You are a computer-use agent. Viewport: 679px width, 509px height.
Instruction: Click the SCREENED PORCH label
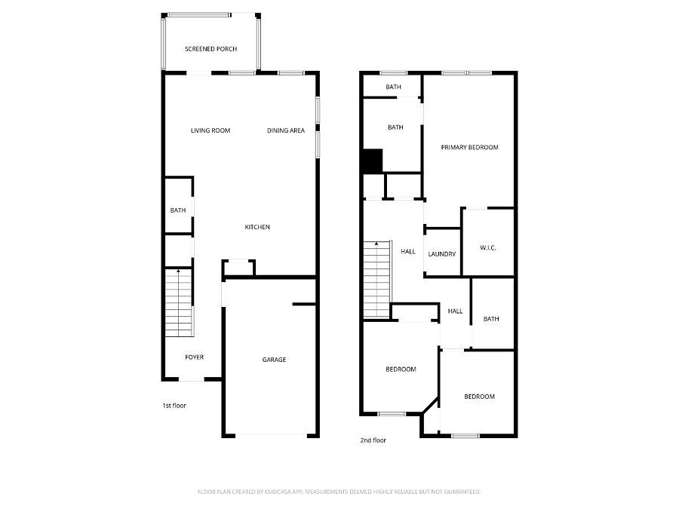tap(211, 49)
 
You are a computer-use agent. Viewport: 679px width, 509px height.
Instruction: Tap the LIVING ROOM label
tap(210, 130)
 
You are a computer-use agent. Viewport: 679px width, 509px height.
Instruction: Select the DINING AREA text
tap(286, 130)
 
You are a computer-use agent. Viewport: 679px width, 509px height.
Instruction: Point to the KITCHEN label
tap(257, 227)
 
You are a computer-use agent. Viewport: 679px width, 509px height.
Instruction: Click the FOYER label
tap(194, 357)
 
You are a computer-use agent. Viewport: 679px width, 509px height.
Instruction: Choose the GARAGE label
tap(274, 359)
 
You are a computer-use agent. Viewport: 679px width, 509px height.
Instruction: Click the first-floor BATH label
tap(178, 210)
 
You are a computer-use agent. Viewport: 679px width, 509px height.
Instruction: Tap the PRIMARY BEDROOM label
tap(469, 147)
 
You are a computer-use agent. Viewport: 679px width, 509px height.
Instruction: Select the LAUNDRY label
tap(441, 254)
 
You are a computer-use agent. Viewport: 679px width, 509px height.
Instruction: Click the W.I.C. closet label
tap(488, 248)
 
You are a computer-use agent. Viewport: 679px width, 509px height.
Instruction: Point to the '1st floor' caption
tap(174, 406)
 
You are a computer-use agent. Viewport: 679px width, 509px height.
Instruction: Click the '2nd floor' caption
tap(373, 440)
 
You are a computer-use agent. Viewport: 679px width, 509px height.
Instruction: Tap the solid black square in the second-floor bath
tap(373, 161)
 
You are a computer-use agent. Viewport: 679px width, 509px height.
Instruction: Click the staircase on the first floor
tap(179, 302)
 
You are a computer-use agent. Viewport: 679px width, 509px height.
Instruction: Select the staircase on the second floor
tap(377, 280)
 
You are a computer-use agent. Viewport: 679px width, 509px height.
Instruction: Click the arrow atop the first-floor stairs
tap(178, 271)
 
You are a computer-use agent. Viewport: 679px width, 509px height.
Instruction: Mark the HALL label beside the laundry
tap(408, 251)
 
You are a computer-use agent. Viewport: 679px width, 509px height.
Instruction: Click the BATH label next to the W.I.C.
tap(491, 319)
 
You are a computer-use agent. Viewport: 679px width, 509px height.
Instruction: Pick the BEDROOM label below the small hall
tap(479, 397)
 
